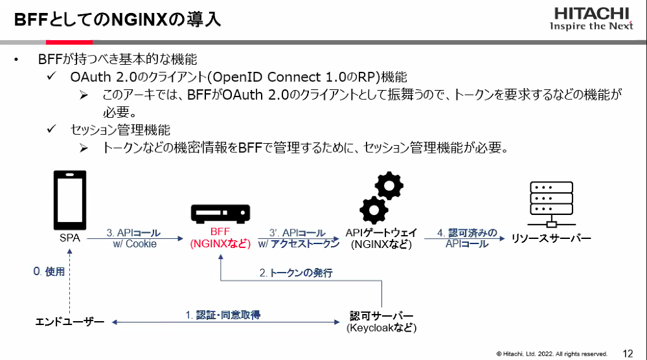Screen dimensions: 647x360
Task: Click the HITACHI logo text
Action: (x=591, y=14)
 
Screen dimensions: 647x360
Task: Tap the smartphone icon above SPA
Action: (x=70, y=200)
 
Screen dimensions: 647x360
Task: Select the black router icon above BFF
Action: (x=220, y=214)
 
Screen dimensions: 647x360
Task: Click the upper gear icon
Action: (x=389, y=186)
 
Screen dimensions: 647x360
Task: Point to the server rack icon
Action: (x=551, y=205)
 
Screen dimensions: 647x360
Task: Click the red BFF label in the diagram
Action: (x=220, y=232)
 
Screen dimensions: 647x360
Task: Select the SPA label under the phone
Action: (x=70, y=238)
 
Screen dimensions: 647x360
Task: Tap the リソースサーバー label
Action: (x=551, y=238)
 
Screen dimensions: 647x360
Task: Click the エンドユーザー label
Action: (x=70, y=322)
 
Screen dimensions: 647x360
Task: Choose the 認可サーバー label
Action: (x=381, y=316)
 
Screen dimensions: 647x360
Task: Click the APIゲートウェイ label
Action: (x=381, y=232)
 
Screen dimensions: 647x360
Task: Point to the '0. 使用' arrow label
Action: (x=49, y=271)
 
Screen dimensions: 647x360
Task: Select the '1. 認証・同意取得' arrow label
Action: (x=223, y=315)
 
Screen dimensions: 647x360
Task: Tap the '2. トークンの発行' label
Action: (x=296, y=273)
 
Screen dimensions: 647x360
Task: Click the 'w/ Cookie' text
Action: (x=135, y=243)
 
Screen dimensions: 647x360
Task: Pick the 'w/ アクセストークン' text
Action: (x=299, y=243)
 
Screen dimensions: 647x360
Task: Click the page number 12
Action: (x=628, y=354)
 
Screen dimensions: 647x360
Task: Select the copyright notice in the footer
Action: (x=552, y=354)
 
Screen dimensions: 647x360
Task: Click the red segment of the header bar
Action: (x=69, y=42)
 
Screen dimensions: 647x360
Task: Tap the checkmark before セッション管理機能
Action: (x=52, y=129)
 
